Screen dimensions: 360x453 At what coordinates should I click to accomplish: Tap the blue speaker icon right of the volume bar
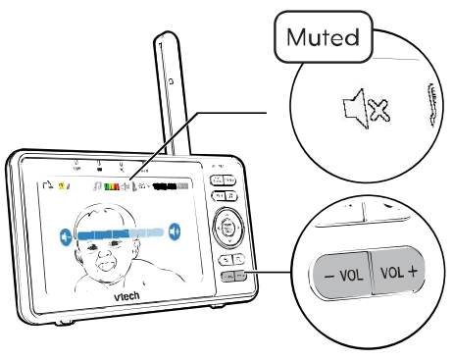[174, 231]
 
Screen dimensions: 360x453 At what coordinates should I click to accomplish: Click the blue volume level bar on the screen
[119, 232]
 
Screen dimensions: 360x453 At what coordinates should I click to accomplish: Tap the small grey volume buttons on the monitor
[232, 277]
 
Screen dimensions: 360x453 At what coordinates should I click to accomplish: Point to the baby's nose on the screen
[108, 248]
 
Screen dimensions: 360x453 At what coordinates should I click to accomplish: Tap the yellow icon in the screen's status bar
[64, 183]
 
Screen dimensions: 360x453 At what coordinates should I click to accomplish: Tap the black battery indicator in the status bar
[173, 183]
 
